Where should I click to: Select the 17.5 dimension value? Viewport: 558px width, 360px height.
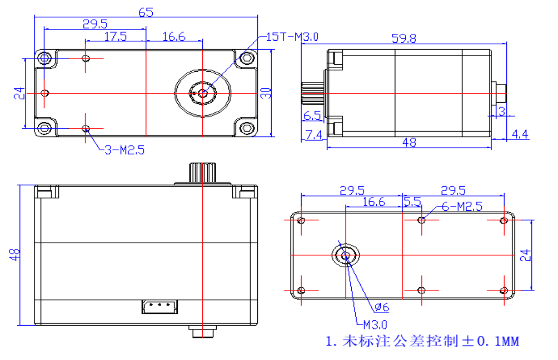click(x=115, y=36)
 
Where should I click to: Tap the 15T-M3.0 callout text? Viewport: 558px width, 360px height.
click(x=292, y=37)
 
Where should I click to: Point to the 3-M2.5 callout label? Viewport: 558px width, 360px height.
click(x=124, y=150)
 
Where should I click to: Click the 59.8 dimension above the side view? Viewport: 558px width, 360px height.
click(x=404, y=38)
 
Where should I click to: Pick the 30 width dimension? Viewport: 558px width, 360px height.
click(x=266, y=93)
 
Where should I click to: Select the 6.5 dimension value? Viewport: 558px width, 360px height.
click(x=312, y=116)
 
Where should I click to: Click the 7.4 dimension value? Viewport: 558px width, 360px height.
click(x=313, y=135)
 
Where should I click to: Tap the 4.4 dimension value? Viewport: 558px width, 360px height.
click(x=520, y=134)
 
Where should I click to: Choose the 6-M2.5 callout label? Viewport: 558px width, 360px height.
click(x=462, y=206)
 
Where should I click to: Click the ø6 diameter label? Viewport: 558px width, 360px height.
click(x=382, y=308)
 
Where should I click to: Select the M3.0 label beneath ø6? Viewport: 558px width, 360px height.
click(x=375, y=325)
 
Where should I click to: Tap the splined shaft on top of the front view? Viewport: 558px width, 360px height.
click(x=202, y=172)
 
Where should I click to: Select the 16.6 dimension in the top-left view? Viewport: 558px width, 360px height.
click(x=174, y=36)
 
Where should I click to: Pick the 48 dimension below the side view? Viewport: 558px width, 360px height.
click(x=409, y=142)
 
